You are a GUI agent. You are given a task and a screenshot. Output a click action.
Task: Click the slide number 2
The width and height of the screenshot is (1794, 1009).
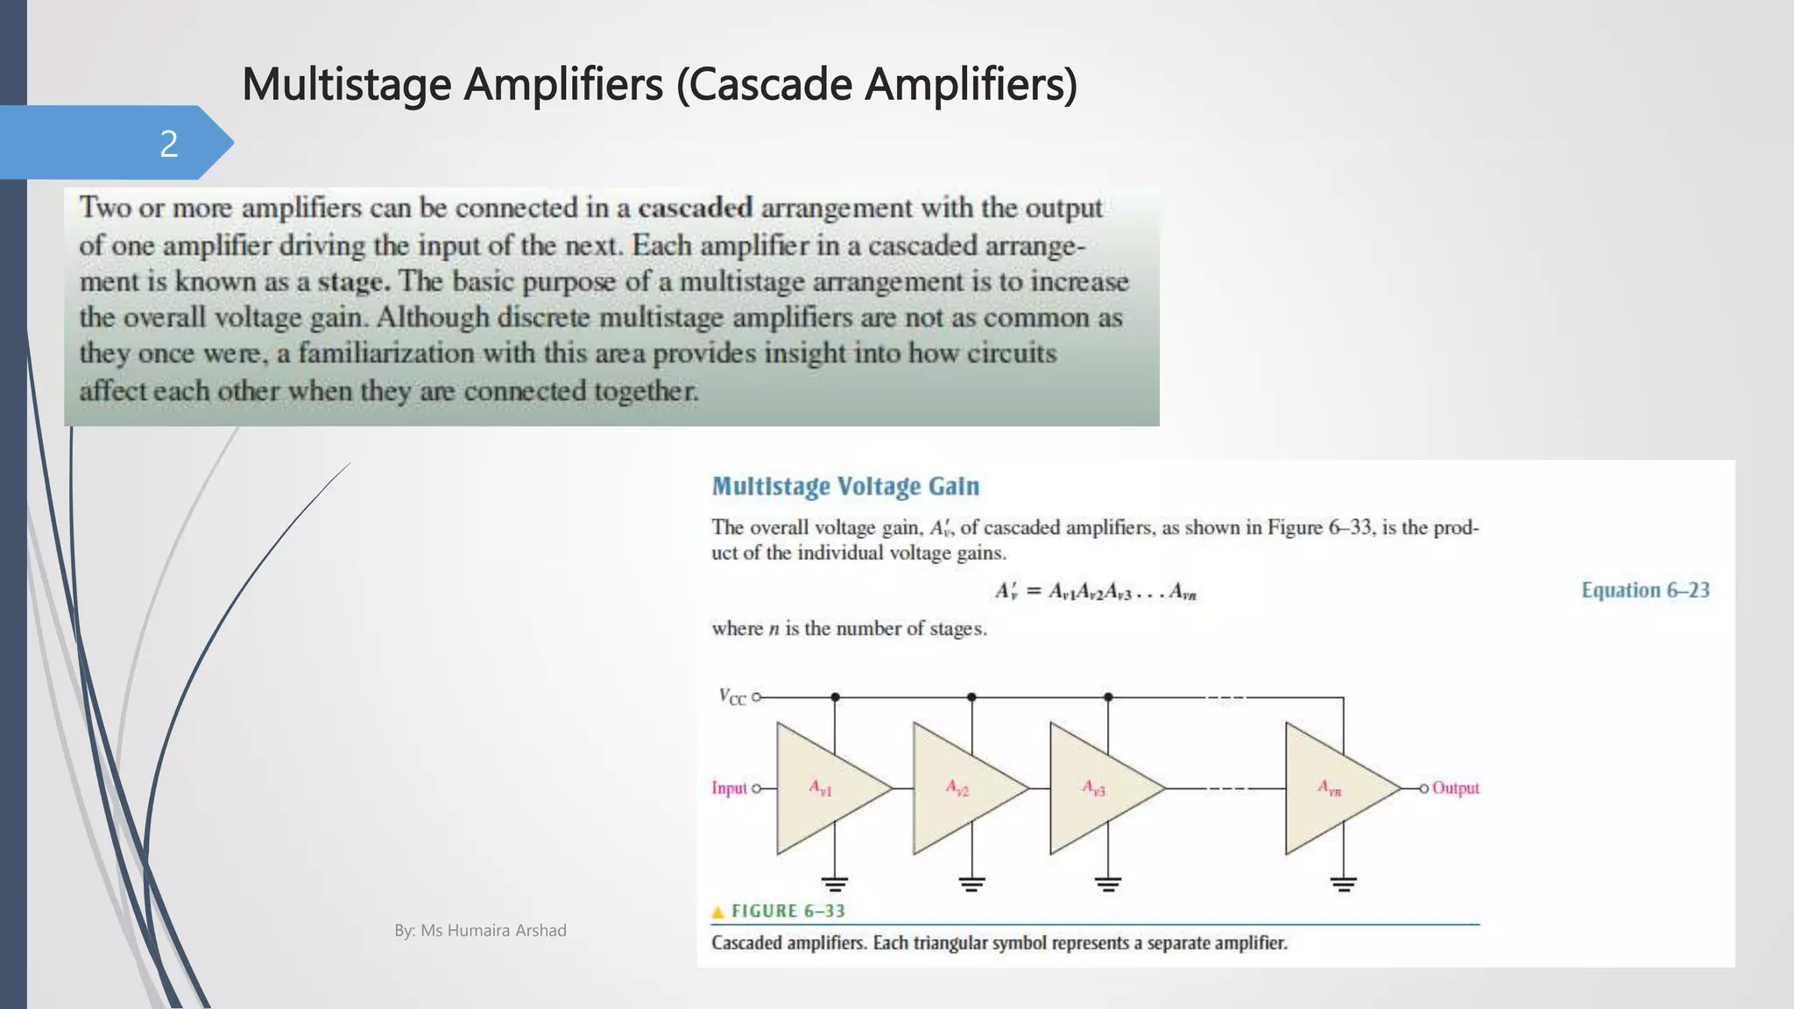[169, 144]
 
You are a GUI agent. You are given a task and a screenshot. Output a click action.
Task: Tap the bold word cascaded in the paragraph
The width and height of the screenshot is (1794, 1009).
[695, 208]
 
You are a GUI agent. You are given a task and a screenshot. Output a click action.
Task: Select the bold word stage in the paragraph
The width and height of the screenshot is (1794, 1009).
[350, 281]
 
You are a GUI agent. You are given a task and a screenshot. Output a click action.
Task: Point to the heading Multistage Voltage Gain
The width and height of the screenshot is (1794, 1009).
[844, 486]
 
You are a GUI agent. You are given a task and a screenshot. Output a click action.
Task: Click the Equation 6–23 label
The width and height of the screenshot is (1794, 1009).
[1645, 590]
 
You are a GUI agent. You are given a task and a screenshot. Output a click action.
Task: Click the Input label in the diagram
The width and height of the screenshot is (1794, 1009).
[729, 788]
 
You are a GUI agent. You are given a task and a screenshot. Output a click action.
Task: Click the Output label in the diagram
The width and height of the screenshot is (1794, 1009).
[1455, 788]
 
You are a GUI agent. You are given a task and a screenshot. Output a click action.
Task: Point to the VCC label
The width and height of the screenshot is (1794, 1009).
[732, 697]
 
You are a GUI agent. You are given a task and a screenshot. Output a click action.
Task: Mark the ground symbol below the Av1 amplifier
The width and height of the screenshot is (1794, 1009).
[835, 883]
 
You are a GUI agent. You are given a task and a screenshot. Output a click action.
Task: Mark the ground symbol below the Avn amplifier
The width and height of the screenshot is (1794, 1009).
[1343, 883]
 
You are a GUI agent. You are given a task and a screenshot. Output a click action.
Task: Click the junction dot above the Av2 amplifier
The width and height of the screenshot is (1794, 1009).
[971, 697]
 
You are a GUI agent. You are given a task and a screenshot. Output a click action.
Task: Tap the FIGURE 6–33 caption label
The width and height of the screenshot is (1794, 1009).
[788, 911]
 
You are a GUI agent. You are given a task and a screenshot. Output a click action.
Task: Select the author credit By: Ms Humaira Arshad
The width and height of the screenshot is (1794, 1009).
[480, 930]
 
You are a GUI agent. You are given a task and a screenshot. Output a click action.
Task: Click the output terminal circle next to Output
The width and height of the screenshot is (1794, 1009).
[1424, 788]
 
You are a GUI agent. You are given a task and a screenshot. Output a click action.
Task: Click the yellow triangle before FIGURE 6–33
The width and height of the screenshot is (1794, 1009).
[718, 912]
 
